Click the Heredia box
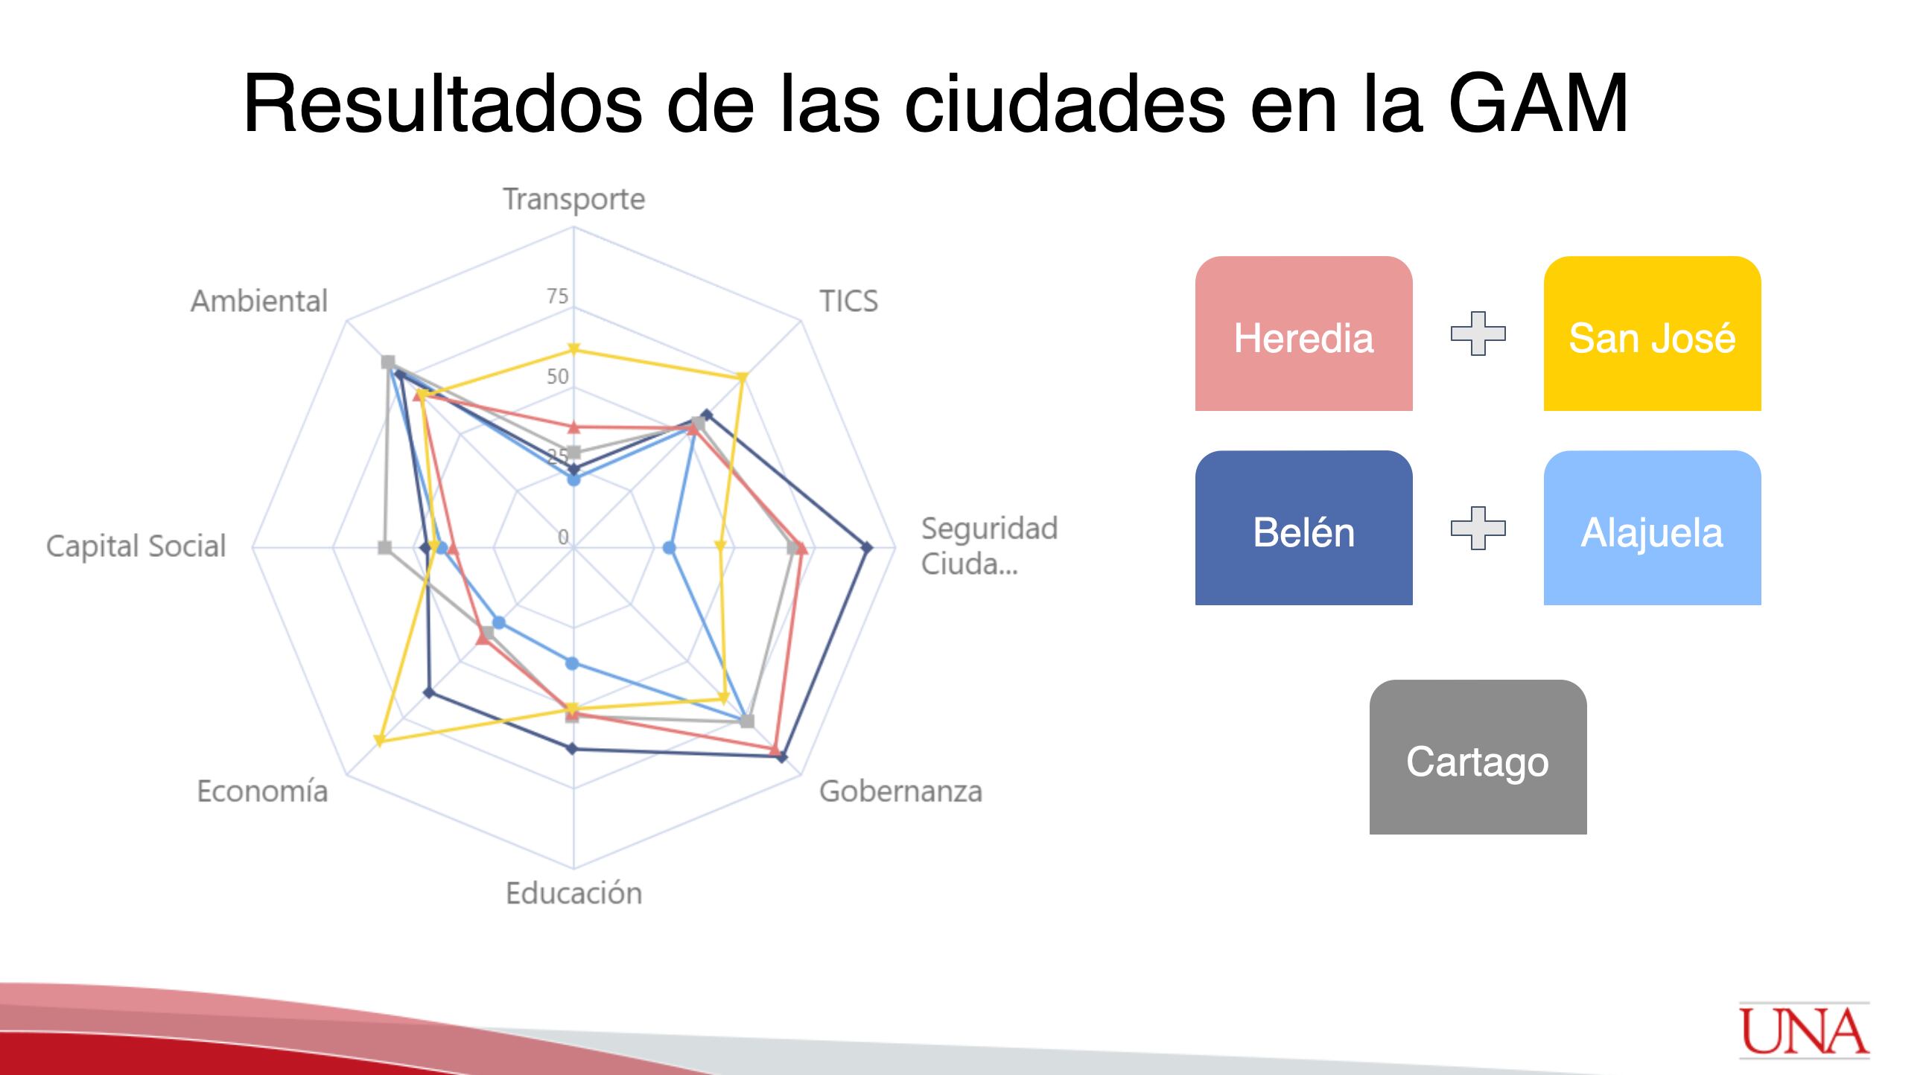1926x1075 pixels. coord(1303,334)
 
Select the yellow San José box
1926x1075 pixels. coord(1653,334)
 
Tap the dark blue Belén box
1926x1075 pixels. coord(1303,528)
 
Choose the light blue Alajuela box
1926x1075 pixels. coord(1653,528)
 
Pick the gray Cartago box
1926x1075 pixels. coord(1478,756)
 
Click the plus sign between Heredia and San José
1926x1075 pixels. coord(1478,334)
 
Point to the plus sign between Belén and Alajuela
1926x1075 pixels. coord(1478,529)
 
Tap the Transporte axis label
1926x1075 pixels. coord(573,200)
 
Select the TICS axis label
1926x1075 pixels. coord(848,302)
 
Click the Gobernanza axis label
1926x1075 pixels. coord(900,791)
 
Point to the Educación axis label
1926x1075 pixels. coord(573,893)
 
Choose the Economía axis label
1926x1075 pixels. coord(261,791)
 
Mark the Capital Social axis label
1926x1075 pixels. coord(136,546)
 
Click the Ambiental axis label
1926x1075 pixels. coord(258,302)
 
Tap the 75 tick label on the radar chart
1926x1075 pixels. coord(557,297)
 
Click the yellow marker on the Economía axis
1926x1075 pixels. coord(379,741)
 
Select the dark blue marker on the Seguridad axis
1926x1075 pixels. coord(866,548)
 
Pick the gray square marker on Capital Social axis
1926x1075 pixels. coord(384,548)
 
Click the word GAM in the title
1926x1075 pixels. coord(1538,103)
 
